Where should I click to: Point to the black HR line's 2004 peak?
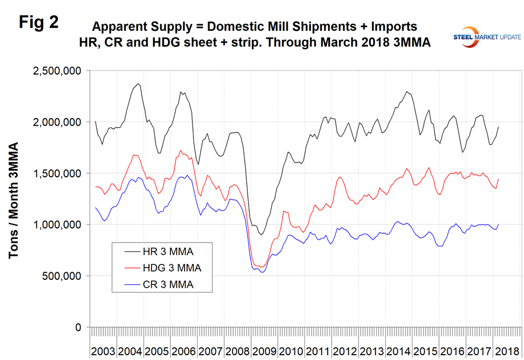pyautogui.click(x=138, y=84)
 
